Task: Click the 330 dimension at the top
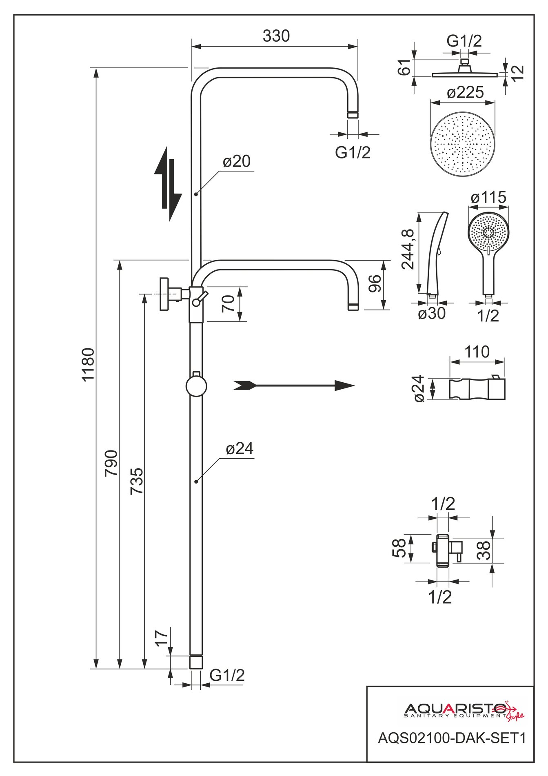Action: point(276,36)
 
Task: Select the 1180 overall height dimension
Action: point(88,364)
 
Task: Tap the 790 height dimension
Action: point(111,463)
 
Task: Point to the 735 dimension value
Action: point(137,481)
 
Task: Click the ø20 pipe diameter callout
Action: point(237,161)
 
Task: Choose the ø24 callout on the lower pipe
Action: point(240,448)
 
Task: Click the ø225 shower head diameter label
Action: point(465,93)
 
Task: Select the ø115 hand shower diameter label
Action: point(488,198)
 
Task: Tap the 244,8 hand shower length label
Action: point(408,249)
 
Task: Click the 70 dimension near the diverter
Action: point(229,303)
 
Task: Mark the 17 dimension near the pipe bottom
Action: point(162,638)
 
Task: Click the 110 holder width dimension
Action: point(477,352)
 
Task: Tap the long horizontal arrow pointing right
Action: point(294,385)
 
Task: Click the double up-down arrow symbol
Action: point(168,184)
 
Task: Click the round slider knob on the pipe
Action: point(196,386)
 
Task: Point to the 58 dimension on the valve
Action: point(399,548)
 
